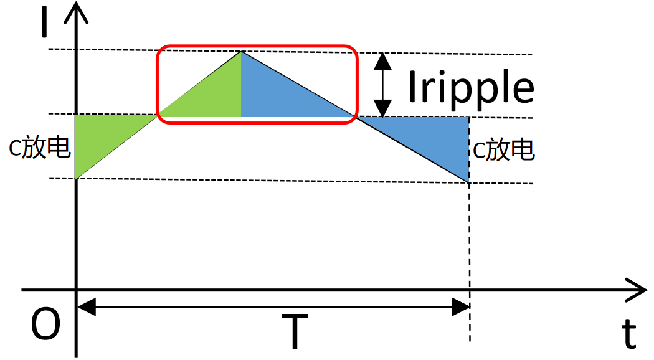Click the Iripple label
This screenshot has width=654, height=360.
click(x=471, y=87)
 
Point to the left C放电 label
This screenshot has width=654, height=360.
click(x=39, y=149)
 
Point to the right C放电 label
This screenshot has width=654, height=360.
click(x=503, y=150)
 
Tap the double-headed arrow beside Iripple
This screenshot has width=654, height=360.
click(x=382, y=85)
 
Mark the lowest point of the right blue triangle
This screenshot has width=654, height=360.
click(x=468, y=181)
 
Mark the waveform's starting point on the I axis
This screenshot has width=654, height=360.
click(x=75, y=179)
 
